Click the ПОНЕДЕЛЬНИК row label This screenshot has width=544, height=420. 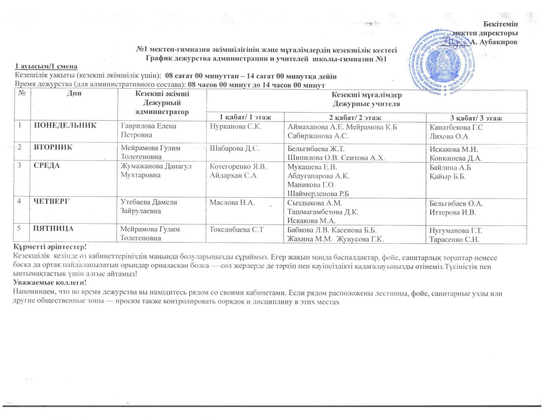tap(65, 125)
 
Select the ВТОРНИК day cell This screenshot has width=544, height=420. tap(53, 147)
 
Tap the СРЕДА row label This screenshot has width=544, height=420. tap(47, 166)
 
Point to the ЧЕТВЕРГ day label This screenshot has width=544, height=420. tap(51, 201)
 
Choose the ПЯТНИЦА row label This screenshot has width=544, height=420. tap(53, 228)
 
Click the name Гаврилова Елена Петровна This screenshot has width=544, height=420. tap(148, 130)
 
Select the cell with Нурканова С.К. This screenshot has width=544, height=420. tap(235, 126)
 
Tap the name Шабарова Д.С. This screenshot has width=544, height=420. tap(234, 148)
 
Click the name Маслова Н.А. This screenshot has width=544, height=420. tap(232, 202)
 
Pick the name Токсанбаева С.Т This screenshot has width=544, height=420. tap(236, 229)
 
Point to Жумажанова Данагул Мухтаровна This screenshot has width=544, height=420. tap(156, 171)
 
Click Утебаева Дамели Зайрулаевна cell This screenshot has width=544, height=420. tap(149, 207)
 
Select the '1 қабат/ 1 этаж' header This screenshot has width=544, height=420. tap(245, 118)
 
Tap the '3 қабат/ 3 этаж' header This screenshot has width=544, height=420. tap(476, 118)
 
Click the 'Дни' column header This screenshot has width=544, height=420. tap(74, 93)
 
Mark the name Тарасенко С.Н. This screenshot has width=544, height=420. tap(454, 240)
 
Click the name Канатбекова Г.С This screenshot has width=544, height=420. tap(456, 127)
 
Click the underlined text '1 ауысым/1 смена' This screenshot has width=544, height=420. tap(46, 66)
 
